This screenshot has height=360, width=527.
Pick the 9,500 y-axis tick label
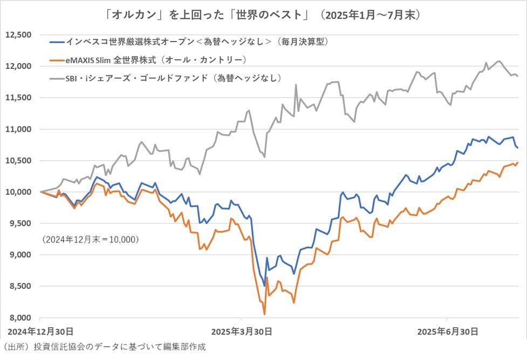(19, 223)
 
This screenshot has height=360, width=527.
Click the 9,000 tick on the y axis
(19, 254)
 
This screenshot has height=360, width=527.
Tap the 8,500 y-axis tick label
(19, 286)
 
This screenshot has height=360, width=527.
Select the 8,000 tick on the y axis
(19, 317)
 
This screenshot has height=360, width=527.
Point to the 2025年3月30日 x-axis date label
(241, 330)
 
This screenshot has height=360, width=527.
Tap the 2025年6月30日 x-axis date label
(447, 330)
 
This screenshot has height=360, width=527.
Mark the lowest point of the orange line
(264, 314)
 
